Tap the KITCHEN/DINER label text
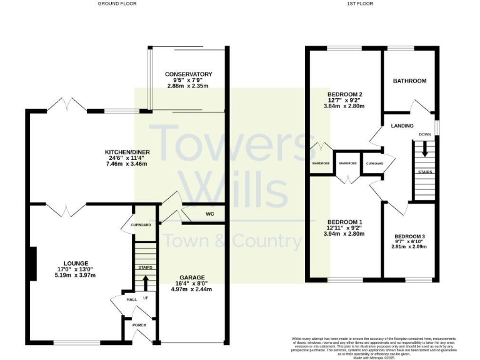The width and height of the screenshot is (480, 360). tap(127, 152)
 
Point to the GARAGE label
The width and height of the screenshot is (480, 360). tap(192, 277)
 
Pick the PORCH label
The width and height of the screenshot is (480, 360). tap(137, 325)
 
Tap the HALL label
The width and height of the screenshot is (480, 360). tap(132, 300)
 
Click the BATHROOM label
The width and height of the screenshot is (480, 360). tap(409, 81)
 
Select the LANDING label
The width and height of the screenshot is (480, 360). tap(402, 126)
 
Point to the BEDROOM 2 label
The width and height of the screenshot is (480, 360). tap(345, 95)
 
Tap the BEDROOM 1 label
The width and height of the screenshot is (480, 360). tap(345, 222)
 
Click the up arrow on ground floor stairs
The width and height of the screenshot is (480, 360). tap(146, 282)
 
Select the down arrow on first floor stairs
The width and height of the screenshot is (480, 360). tap(424, 149)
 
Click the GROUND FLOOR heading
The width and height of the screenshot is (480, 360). tap(117, 4)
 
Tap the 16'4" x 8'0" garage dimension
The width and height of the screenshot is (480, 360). tap(192, 284)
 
